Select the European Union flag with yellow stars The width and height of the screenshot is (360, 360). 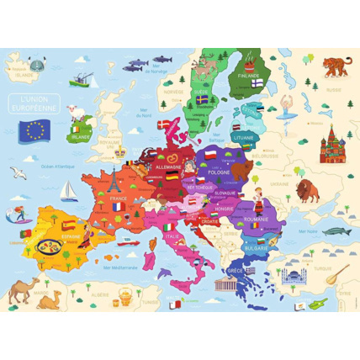click(36, 129)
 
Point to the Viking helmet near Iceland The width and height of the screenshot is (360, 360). click(36, 64)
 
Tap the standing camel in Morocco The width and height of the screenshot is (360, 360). click(24, 291)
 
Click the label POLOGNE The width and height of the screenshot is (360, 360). click(220, 171)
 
